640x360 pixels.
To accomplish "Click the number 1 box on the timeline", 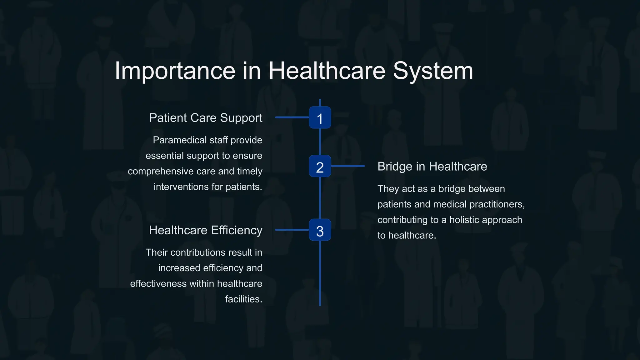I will coord(320,117).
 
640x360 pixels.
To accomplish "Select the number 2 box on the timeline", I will coord(320,166).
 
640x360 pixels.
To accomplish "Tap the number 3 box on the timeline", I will coord(320,230).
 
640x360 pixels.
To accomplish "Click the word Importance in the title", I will coord(175,71).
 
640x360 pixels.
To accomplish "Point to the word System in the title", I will coord(433,71).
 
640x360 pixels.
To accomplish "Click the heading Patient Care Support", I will coord(206,118).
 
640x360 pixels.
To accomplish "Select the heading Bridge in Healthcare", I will coord(432,167).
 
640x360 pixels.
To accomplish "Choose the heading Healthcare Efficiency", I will coord(206,230).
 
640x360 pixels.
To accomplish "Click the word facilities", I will coord(243,299).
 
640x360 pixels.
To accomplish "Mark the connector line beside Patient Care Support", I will coord(292,117).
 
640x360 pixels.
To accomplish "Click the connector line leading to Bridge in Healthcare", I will coord(347,166).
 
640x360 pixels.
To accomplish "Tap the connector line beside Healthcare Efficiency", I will coord(292,230).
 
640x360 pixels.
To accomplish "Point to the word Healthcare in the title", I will coord(327,71).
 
